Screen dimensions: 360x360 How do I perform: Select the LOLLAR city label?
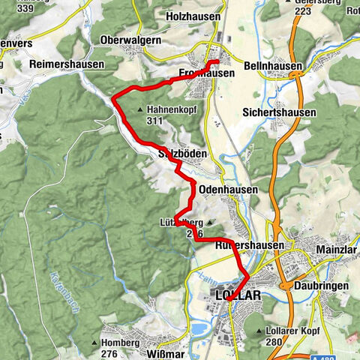click(238, 295)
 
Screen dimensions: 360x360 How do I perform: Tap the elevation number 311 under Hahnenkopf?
click(156, 120)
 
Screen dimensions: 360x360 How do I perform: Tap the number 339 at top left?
click(17, 9)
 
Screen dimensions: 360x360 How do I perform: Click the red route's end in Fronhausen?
click(218, 61)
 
